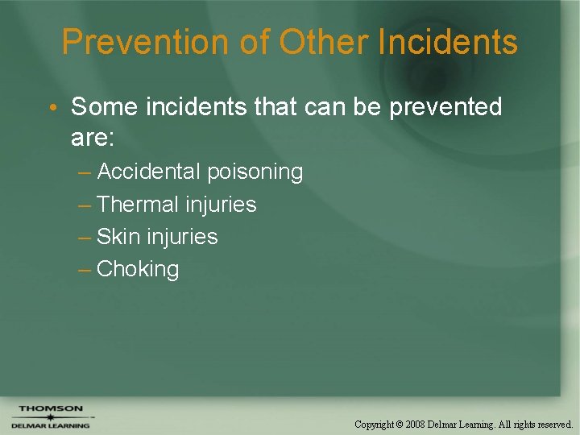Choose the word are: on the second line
click(93, 138)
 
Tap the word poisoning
click(255, 172)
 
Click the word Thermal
click(138, 205)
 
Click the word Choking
click(138, 269)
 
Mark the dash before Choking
click(85, 269)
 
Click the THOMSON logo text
click(51, 408)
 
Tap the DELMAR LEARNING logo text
click(50, 425)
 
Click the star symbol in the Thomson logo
click(50, 417)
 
